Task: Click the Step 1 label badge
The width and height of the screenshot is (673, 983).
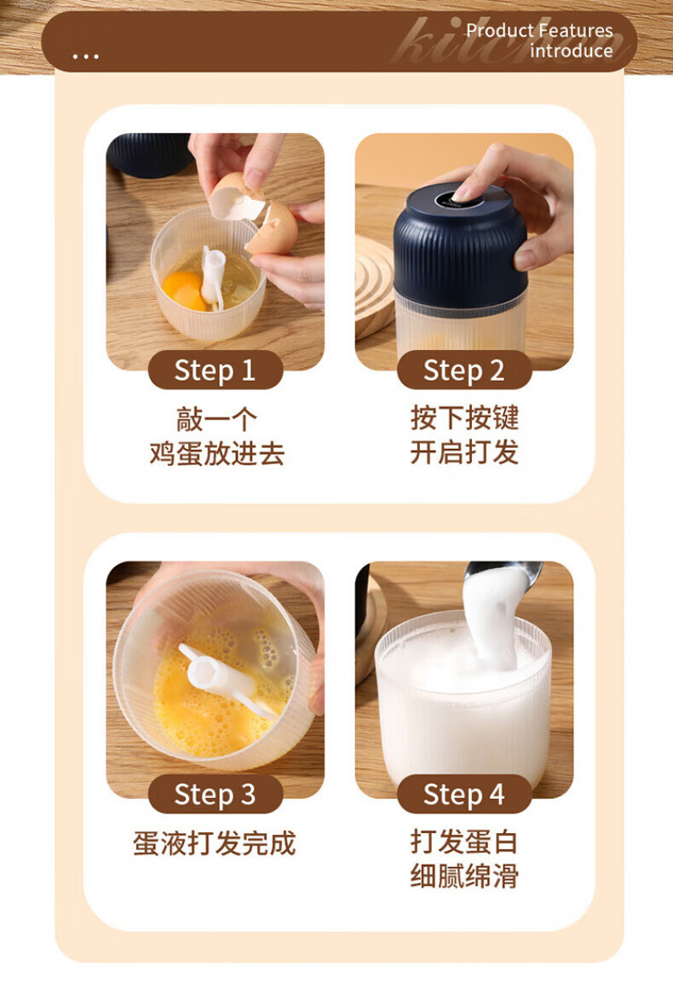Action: (216, 370)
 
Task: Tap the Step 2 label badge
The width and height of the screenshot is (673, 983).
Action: (464, 370)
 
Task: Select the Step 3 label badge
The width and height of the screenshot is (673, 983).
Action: (216, 794)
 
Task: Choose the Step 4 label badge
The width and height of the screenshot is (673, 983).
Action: (464, 794)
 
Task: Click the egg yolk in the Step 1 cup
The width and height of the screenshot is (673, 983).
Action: (183, 290)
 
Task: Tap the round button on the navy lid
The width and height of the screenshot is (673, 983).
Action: (460, 198)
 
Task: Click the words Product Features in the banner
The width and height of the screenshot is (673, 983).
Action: (539, 30)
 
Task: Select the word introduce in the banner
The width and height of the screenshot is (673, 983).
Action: (572, 50)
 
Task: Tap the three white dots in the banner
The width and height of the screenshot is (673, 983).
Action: (85, 56)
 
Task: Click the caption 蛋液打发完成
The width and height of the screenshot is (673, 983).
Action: (215, 843)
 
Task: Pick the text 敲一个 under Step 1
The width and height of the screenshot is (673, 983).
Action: (216, 419)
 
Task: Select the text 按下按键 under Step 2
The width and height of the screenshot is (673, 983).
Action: (465, 417)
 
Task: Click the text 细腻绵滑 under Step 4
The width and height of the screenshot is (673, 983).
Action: (465, 876)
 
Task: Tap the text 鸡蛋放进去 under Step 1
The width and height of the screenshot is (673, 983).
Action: (216, 452)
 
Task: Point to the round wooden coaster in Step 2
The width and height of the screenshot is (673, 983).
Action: (375, 289)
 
